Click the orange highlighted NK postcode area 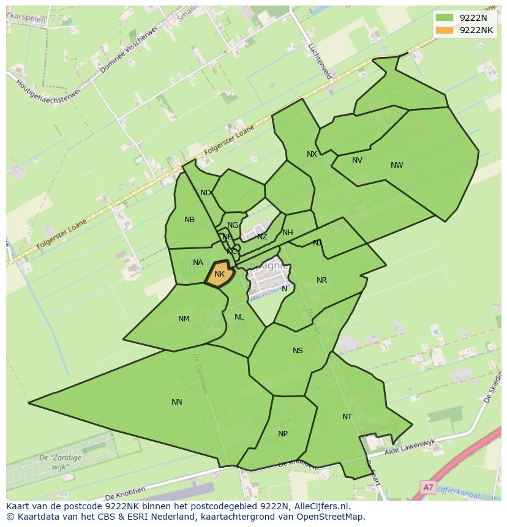click(219, 274)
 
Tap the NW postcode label click(397, 165)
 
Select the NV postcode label click(357, 160)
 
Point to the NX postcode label click(312, 154)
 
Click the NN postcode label click(177, 402)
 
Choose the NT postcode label click(347, 417)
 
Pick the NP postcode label click(283, 434)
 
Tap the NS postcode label click(298, 351)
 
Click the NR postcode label click(321, 280)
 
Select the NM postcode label click(184, 319)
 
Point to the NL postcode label click(239, 317)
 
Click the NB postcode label click(189, 220)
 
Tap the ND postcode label click(205, 193)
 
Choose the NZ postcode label click(262, 237)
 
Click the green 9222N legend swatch click(445, 18)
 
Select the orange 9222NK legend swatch click(445, 30)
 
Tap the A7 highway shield click(428, 487)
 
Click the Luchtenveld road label click(320, 61)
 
